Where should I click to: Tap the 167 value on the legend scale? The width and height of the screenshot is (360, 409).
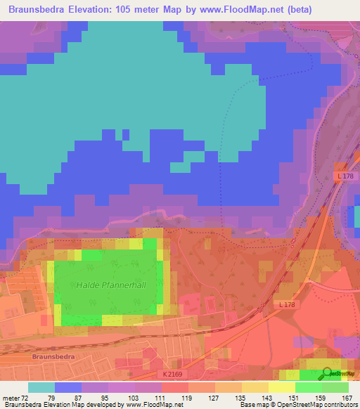tap(345, 397)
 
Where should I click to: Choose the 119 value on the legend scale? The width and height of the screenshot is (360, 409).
tap(186, 397)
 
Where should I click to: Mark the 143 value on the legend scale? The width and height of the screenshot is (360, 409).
tap(265, 397)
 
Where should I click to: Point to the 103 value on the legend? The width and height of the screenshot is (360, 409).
tap(134, 397)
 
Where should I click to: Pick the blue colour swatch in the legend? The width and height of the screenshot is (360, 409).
tap(67, 387)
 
